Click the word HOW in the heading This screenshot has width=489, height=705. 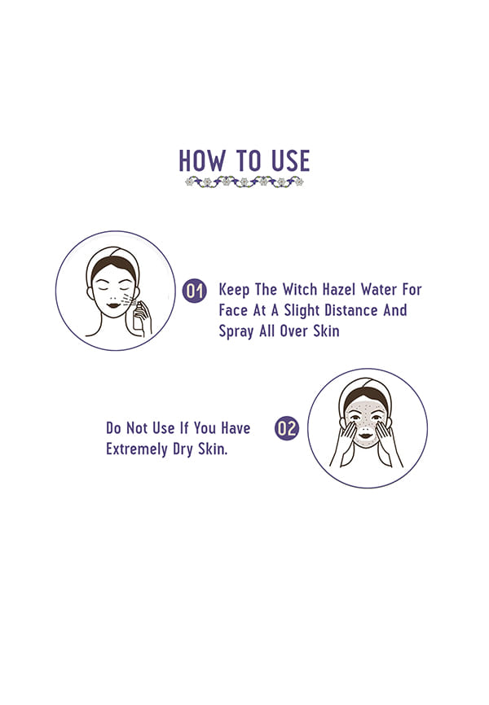tap(202, 160)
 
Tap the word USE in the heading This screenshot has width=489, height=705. tap(290, 160)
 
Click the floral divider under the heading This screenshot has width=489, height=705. tap(244, 182)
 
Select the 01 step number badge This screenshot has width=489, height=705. tap(195, 291)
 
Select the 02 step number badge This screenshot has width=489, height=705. tap(287, 428)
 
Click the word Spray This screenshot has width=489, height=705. tap(236, 332)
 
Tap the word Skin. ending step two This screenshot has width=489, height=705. tap(213, 449)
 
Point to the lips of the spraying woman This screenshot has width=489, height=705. tap(112, 306)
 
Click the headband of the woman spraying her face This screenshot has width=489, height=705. tap(112, 256)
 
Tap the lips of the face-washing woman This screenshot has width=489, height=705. tap(366, 436)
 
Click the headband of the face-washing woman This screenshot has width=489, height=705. tap(366, 386)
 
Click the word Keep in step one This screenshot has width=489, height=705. tap(234, 290)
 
